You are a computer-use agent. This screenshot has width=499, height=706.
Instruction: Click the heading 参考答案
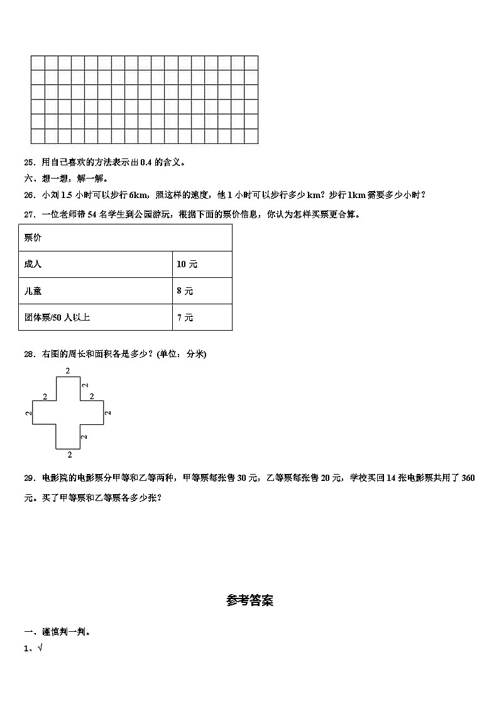(x=249, y=601)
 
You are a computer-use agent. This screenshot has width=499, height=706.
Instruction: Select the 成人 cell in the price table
(x=33, y=265)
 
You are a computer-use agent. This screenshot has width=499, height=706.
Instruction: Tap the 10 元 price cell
(x=187, y=265)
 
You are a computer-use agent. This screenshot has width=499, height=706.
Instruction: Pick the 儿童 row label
(x=33, y=291)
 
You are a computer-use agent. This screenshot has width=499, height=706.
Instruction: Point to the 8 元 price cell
(x=185, y=291)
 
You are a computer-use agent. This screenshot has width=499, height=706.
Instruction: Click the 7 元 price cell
(x=185, y=317)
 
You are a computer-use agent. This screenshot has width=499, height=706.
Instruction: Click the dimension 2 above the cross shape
(x=68, y=371)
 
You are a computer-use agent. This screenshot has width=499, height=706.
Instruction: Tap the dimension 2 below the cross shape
(x=69, y=454)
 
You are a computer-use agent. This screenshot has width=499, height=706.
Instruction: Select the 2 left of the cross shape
(x=28, y=412)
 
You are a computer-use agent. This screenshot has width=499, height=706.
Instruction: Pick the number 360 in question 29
(x=468, y=478)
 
